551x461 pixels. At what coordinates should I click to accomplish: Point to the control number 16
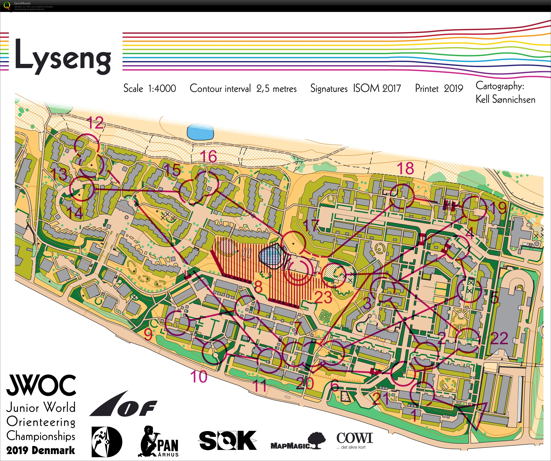click(x=209, y=157)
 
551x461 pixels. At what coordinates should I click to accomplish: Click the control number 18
click(x=405, y=168)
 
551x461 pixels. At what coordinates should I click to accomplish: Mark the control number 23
click(x=323, y=298)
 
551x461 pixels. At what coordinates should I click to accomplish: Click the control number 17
click(x=311, y=225)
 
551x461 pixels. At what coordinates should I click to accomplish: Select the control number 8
click(x=258, y=287)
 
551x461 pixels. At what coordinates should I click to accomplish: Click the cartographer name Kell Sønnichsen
click(x=505, y=99)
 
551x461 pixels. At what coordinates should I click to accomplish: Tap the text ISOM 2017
click(x=377, y=88)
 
